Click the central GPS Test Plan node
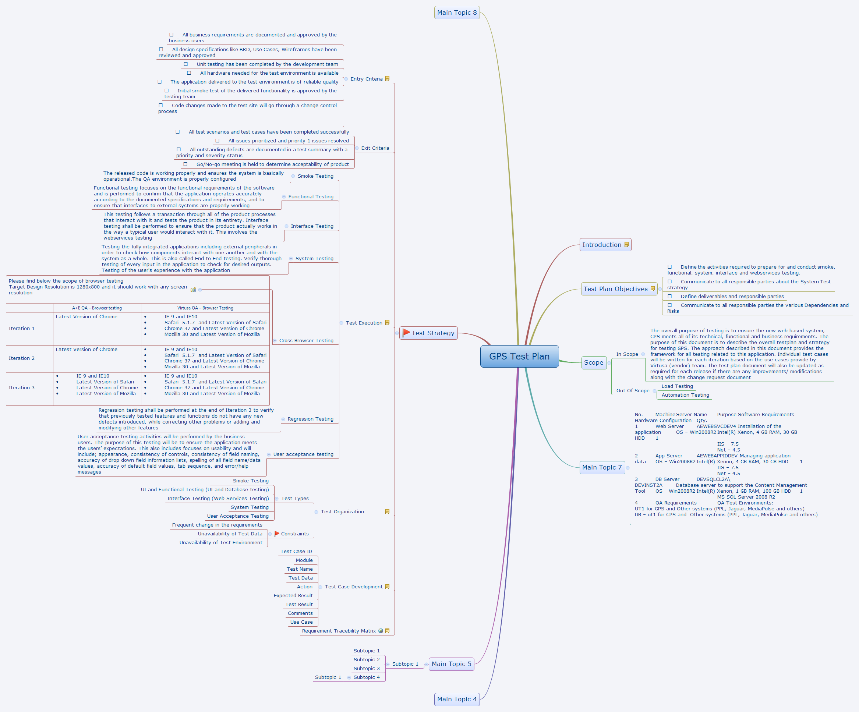519,356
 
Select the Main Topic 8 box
456,13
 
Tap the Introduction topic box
605,245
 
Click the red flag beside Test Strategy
406,333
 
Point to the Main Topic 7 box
602,467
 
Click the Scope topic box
594,362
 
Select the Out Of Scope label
633,390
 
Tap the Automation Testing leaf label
685,395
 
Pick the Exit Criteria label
375,148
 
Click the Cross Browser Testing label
306,341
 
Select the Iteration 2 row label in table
22,358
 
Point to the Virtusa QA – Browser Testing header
205,308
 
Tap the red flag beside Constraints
277,533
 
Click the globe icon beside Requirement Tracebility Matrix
381,631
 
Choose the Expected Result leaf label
293,595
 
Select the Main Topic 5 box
451,664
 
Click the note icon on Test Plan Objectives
653,289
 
